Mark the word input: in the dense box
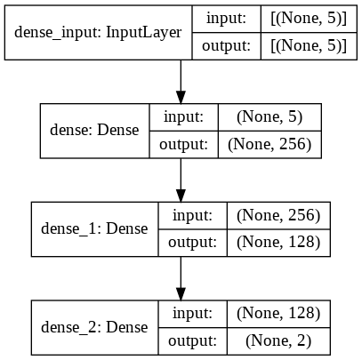[186, 117]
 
